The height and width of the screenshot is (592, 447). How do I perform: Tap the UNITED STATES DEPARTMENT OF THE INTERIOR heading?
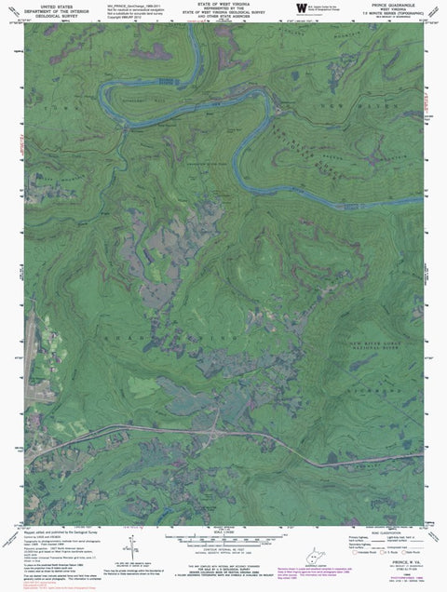39,9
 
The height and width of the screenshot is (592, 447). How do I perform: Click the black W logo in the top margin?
299,8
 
